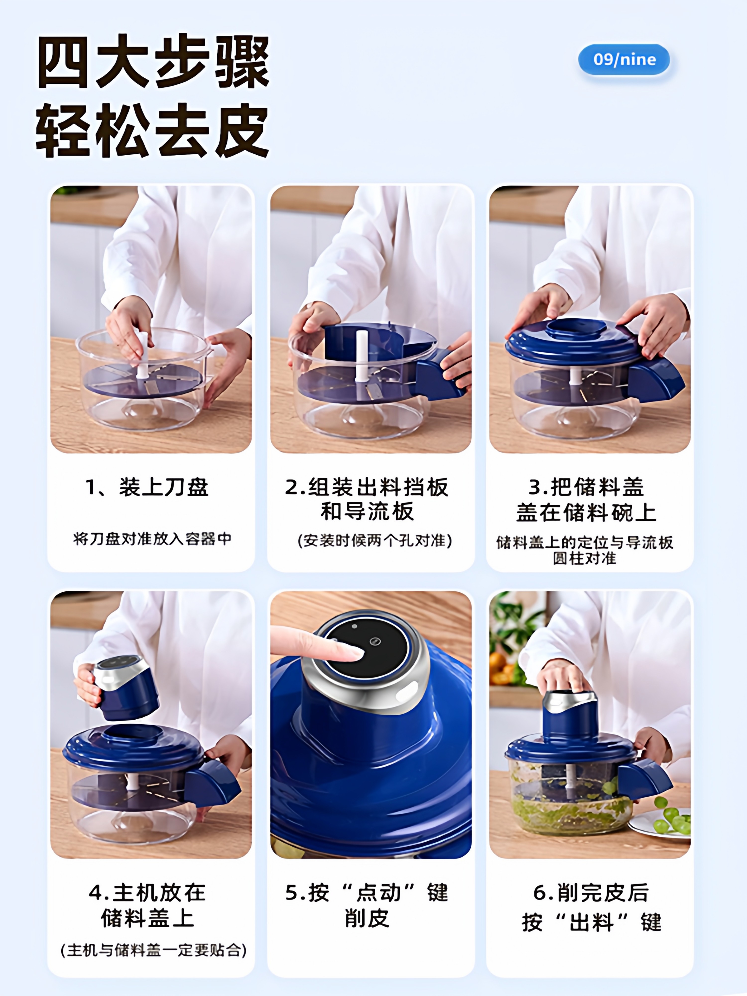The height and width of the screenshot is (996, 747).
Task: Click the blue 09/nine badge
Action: [x=624, y=60]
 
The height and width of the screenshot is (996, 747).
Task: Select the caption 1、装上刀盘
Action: [x=147, y=487]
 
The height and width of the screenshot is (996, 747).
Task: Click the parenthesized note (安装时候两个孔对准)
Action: [x=375, y=540]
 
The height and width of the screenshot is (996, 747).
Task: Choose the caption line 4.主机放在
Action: [x=147, y=892]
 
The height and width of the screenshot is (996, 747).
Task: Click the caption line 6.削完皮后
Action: [x=591, y=892]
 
